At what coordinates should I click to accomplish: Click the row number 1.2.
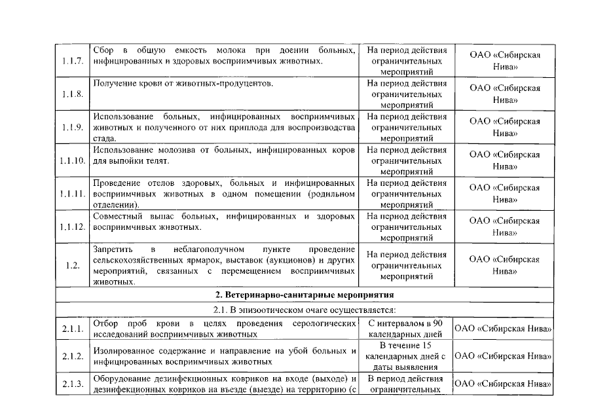73,266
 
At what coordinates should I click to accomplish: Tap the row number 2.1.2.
73,356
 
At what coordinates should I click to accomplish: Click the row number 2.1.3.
73,384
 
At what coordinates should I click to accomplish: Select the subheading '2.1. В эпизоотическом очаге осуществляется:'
305,310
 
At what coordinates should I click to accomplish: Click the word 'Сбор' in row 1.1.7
104,50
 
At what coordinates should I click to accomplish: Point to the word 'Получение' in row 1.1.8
115,84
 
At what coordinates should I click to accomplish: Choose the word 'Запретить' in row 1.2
113,249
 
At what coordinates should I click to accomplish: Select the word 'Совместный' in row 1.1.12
119,216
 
